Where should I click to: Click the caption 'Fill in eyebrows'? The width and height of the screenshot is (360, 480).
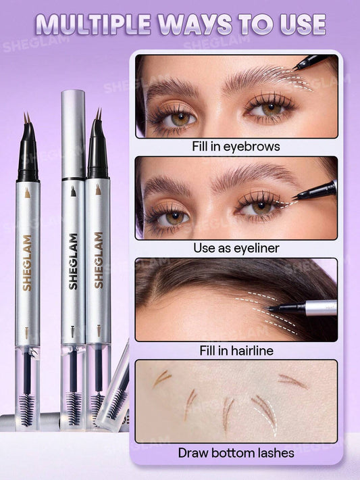pyautogui.click(x=236, y=145)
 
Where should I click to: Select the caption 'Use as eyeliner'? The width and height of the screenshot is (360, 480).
pyautogui.click(x=236, y=247)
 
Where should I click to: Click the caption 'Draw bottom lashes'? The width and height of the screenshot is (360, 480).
pyautogui.click(x=236, y=453)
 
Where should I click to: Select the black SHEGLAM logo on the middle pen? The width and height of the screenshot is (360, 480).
pyautogui.click(x=73, y=261)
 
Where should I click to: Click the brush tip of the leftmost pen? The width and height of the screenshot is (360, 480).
pyautogui.click(x=27, y=122)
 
